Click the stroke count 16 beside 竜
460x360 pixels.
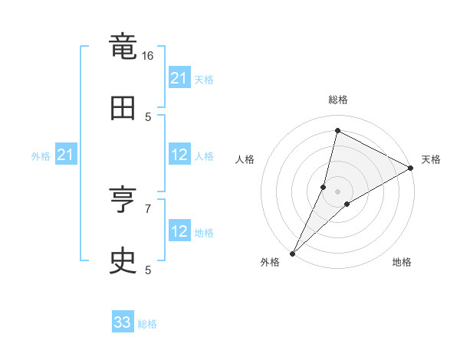[148, 55]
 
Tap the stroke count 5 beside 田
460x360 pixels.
[148, 116]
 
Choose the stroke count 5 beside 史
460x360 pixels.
[148, 270]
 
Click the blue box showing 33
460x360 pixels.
[123, 323]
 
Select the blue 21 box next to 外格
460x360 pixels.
[66, 155]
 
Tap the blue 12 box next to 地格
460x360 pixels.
[179, 231]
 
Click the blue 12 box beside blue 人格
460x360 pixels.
[179, 155]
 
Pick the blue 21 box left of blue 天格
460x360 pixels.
[179, 78]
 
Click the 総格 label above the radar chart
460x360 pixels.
[337, 100]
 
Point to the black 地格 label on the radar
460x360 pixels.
[402, 262]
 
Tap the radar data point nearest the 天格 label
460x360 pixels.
[411, 169]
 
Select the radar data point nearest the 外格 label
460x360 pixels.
[292, 253]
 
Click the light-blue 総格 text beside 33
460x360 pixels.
[147, 324]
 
